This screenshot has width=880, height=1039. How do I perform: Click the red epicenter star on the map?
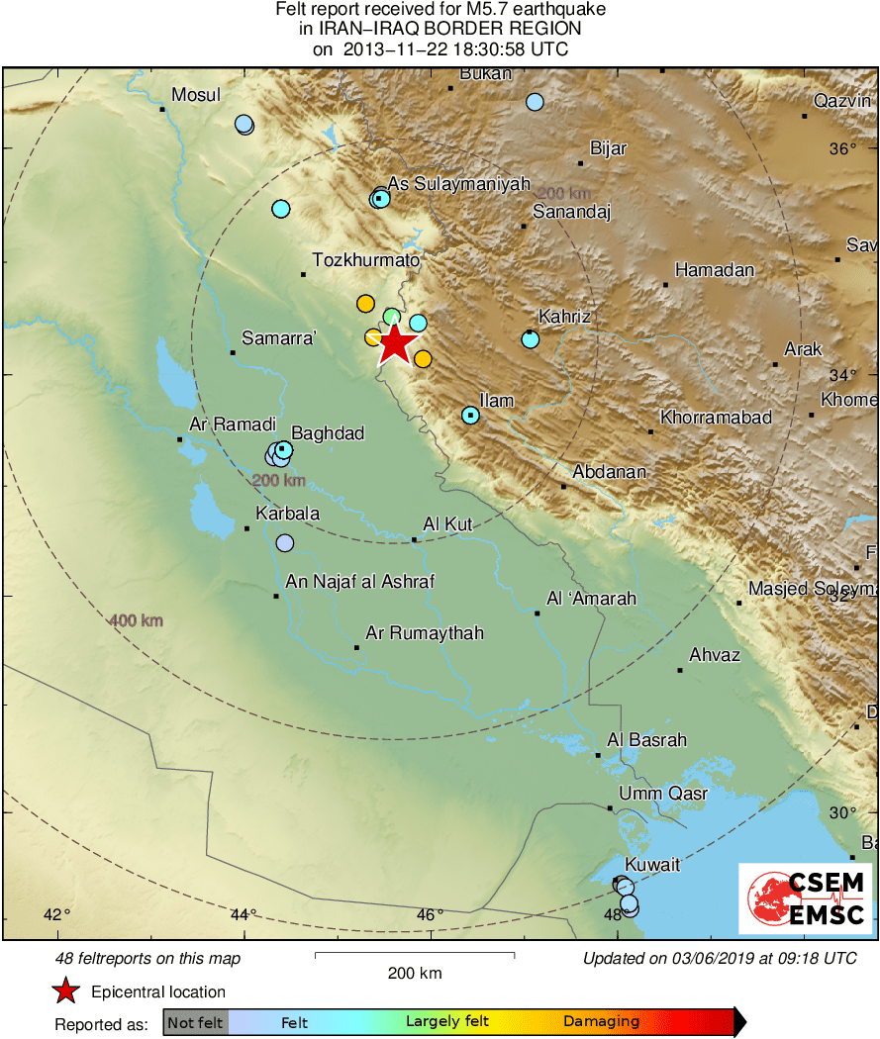(395, 344)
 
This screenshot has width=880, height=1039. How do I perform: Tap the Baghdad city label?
(329, 433)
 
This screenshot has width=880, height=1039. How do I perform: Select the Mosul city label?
(196, 95)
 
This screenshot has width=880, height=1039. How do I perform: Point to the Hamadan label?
(715, 270)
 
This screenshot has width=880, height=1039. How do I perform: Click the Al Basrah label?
(646, 740)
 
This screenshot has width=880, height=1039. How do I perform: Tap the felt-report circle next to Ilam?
(471, 416)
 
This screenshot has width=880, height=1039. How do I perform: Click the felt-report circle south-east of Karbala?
(285, 543)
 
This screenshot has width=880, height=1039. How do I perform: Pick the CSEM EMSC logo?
(805, 898)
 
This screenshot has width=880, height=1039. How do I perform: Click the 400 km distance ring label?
(136, 621)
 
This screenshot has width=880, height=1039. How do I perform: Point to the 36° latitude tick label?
(843, 149)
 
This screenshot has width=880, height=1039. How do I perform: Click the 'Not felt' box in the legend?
(195, 1022)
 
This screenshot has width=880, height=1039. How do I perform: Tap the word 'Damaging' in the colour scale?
(601, 1022)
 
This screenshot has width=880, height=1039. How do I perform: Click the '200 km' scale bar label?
(415, 973)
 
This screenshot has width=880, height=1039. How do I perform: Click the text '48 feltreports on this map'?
(148, 958)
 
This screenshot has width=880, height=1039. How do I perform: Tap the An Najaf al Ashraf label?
(359, 582)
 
